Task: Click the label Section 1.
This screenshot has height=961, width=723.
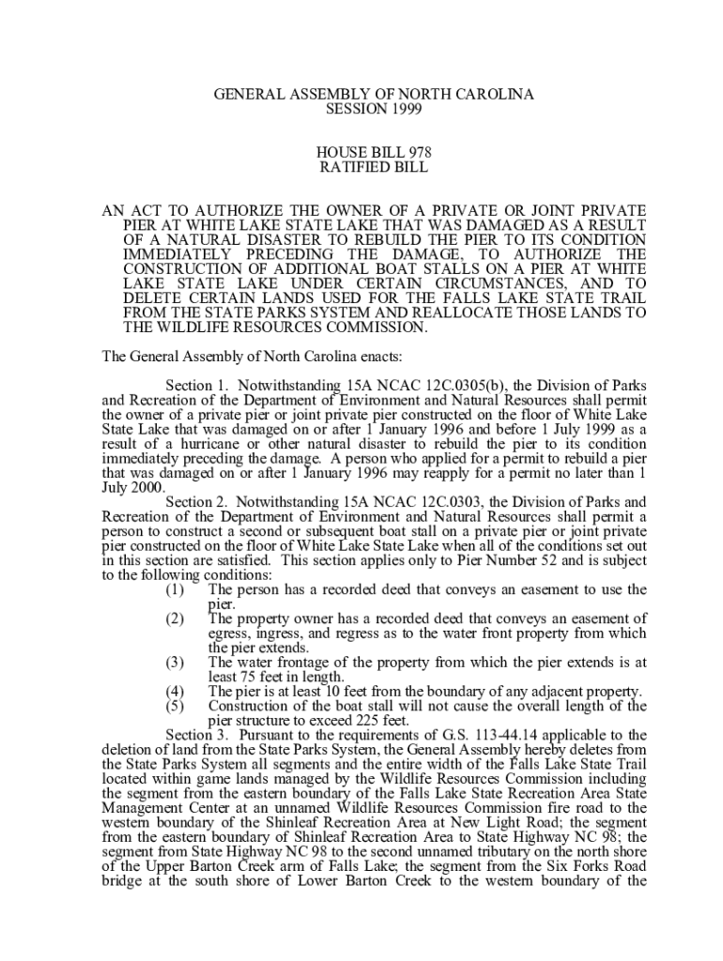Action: [197, 386]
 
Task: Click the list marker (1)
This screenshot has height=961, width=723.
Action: [175, 589]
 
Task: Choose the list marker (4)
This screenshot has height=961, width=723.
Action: [175, 691]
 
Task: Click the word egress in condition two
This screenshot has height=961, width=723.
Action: [227, 633]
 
